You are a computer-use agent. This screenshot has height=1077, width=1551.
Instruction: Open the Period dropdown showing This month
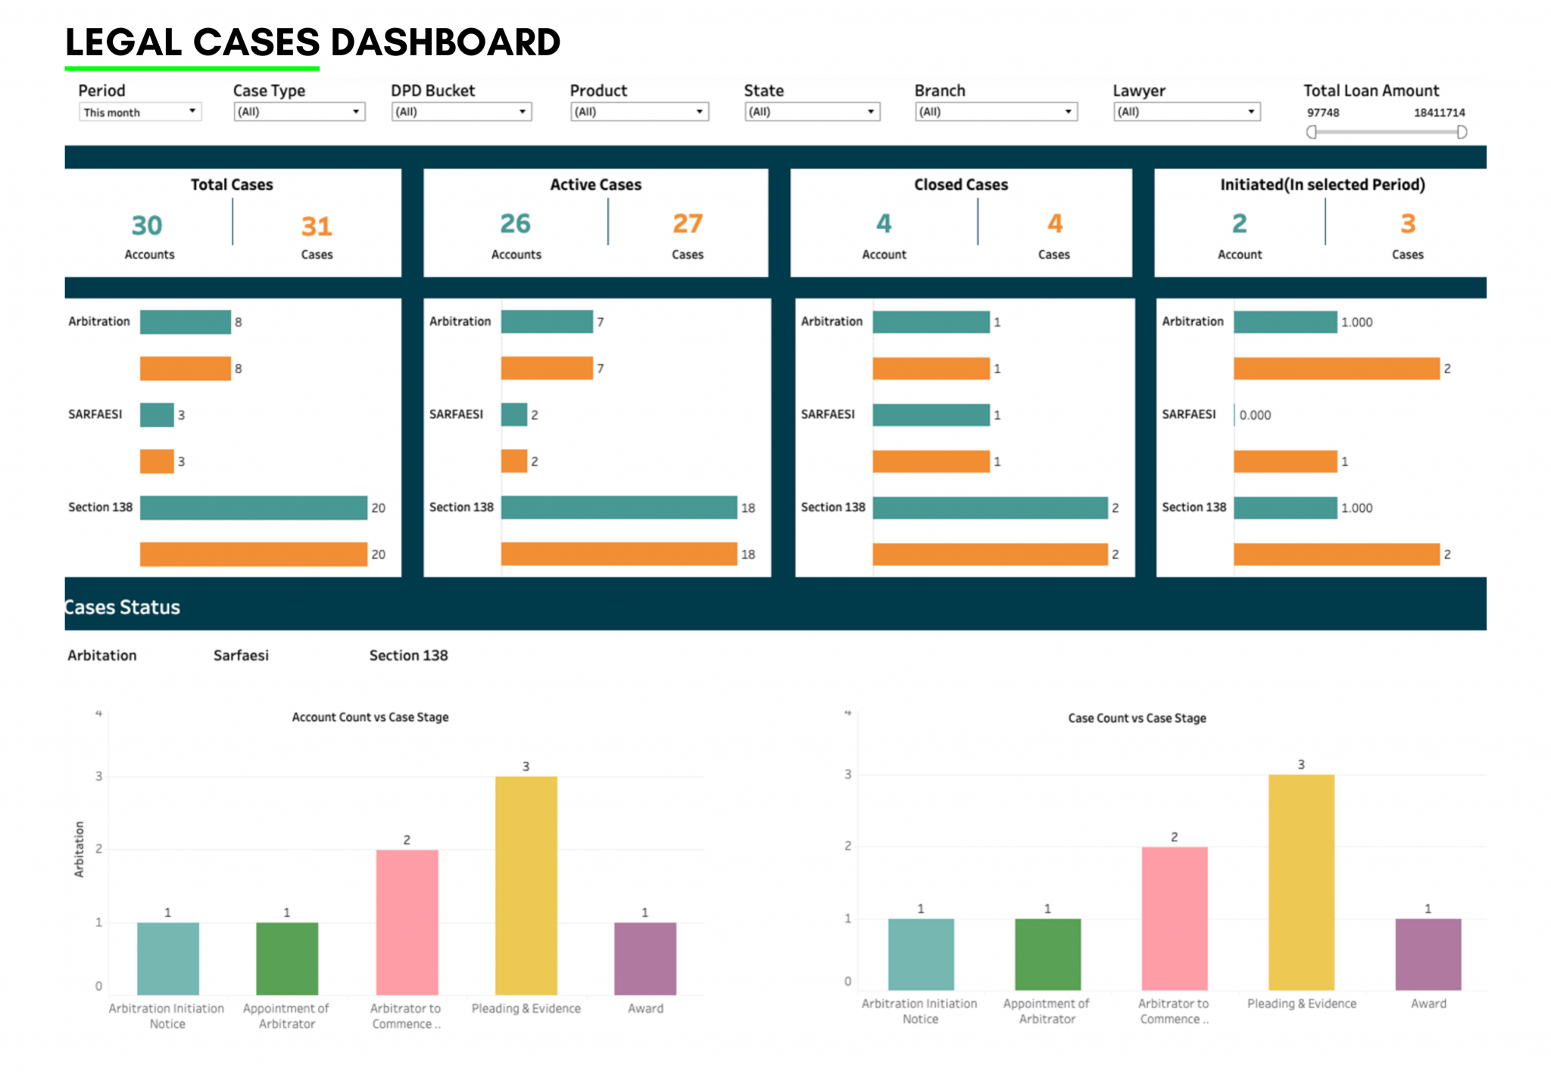click(x=139, y=112)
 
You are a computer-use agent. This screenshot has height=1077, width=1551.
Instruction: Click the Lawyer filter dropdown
click(x=1186, y=112)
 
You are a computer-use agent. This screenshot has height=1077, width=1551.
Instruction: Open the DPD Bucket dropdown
click(x=460, y=112)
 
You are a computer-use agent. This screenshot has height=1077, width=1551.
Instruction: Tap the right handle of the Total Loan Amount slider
click(x=1462, y=132)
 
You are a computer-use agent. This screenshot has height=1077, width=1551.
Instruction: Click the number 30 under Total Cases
click(x=147, y=225)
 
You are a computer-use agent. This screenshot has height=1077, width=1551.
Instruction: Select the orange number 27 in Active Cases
click(x=687, y=223)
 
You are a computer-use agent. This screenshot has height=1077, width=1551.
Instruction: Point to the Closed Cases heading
click(x=960, y=185)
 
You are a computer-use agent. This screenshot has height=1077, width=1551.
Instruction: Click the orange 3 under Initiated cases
click(x=1407, y=223)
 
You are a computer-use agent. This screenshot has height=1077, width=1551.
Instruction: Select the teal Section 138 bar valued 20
click(x=253, y=507)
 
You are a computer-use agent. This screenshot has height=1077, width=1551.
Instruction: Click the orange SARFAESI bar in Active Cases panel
click(x=514, y=461)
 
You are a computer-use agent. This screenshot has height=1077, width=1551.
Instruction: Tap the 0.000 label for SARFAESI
click(x=1255, y=415)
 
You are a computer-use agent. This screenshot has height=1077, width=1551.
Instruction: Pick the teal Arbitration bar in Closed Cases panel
click(x=931, y=322)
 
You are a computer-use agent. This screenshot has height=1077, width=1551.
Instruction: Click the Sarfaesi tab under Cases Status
click(x=241, y=655)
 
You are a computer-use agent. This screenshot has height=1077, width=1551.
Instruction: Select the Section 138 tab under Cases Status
click(x=408, y=655)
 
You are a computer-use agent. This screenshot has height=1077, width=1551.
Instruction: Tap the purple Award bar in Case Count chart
click(x=1428, y=954)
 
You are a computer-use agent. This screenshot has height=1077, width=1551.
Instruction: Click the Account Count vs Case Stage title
click(x=370, y=717)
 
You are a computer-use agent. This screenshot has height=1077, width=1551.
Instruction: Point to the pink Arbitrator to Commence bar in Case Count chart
click(x=1174, y=917)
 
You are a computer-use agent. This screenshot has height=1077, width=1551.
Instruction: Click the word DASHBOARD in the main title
click(x=445, y=42)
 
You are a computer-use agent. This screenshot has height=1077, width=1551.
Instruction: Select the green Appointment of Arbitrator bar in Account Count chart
click(x=287, y=958)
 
